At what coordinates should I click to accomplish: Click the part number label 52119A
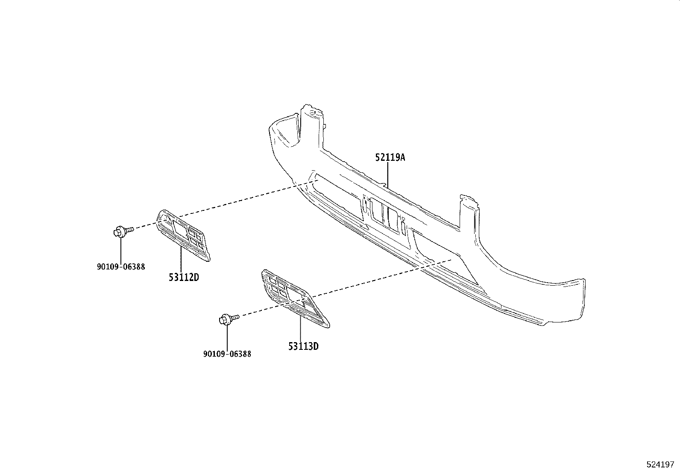(x=390, y=157)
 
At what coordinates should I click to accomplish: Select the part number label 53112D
(x=184, y=277)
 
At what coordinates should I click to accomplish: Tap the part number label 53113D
(x=303, y=346)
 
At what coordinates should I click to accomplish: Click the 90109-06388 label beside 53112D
(x=120, y=266)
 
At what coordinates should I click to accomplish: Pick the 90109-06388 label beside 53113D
(x=227, y=354)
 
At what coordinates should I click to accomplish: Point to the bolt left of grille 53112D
(x=122, y=231)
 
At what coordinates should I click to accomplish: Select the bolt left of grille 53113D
(x=228, y=319)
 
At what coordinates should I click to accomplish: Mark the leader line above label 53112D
(x=181, y=259)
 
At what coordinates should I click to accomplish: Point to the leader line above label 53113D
(x=300, y=329)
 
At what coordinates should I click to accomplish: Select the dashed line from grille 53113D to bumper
(x=380, y=278)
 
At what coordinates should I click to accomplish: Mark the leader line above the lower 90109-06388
(x=227, y=338)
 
